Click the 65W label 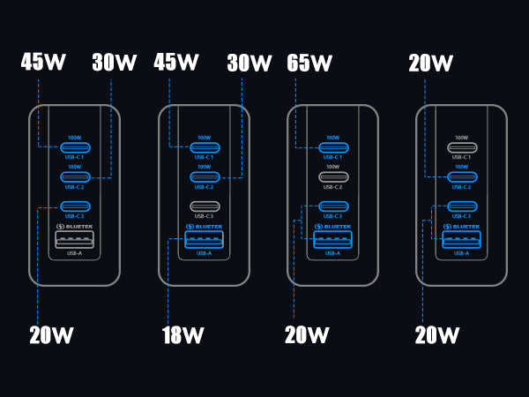[x=309, y=64]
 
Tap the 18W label [x=183, y=335]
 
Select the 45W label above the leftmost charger [x=43, y=63]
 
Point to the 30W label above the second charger [x=250, y=64]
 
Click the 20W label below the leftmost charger [x=51, y=335]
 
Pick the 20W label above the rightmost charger [x=431, y=64]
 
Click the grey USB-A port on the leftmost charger [x=75, y=240]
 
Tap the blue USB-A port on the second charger [x=204, y=240]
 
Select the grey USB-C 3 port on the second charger [x=204, y=207]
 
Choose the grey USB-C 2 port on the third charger [x=332, y=176]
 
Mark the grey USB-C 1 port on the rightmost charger [x=461, y=147]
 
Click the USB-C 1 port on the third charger [x=332, y=147]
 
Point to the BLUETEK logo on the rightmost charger [x=461, y=227]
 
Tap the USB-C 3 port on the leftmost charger [x=75, y=207]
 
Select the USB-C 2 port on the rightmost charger [x=461, y=176]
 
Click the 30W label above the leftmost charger [x=115, y=64]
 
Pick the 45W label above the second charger [x=176, y=63]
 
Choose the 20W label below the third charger [x=307, y=335]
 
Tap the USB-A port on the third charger [x=332, y=240]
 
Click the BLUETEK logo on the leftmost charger [x=75, y=227]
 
